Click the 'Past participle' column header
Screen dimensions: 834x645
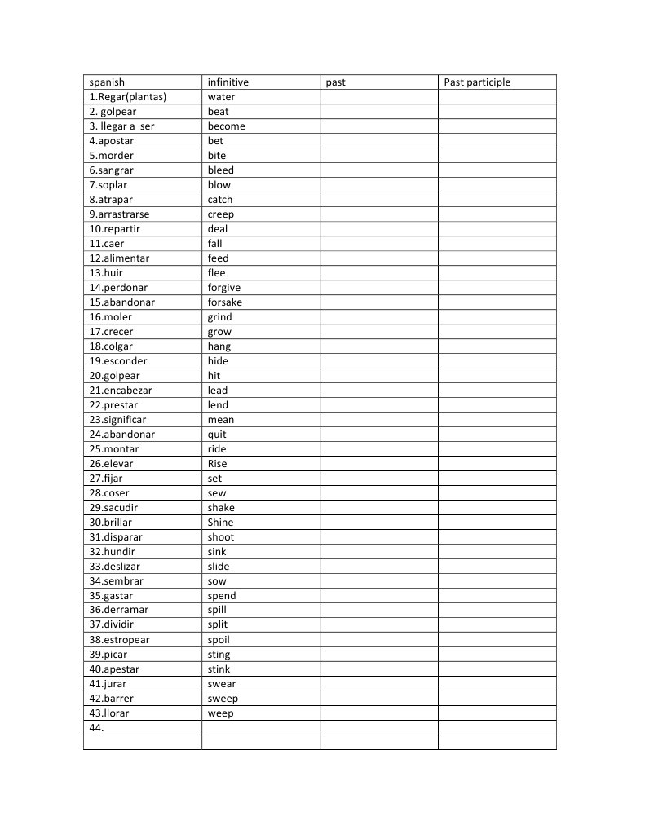tap(477, 82)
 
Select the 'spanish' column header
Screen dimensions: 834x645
tap(107, 82)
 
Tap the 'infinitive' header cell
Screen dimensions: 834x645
tap(228, 82)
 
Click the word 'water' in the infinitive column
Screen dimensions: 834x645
tap(221, 97)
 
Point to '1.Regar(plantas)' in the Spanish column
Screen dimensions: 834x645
tap(128, 97)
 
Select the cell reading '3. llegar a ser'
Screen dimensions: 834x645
tap(122, 126)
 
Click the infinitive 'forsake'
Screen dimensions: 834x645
tap(225, 302)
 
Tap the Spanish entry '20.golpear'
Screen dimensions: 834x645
tap(115, 376)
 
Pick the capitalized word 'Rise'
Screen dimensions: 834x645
tap(218, 464)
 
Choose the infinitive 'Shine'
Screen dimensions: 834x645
tap(220, 523)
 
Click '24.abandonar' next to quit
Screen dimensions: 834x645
tap(122, 435)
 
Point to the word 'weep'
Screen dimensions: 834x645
tap(220, 713)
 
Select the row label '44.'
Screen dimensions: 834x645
tap(97, 728)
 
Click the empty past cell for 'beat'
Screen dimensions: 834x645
tap(378, 112)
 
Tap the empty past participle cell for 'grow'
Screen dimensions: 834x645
tap(497, 332)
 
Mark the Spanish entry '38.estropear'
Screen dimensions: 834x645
tap(120, 640)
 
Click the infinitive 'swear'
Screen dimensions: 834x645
tap(222, 684)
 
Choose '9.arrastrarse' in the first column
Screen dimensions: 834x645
tap(120, 214)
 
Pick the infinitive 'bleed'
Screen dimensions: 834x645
tap(220, 170)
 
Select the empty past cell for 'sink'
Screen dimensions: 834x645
tap(378, 552)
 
